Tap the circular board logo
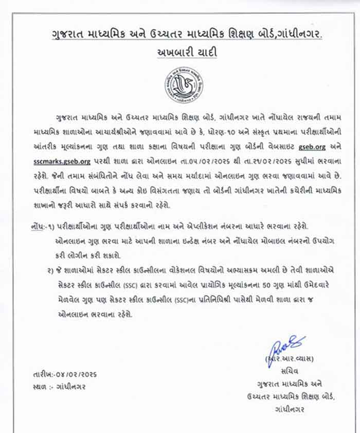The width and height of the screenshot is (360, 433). tap(184, 85)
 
